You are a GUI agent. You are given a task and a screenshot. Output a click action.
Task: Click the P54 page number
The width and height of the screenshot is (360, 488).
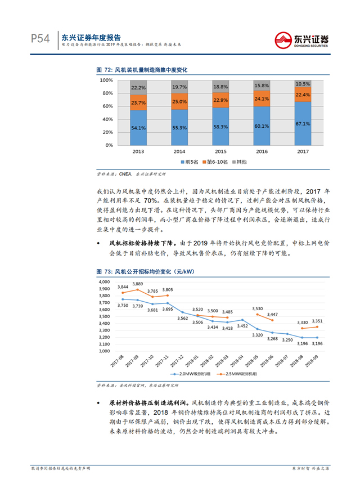(41, 39)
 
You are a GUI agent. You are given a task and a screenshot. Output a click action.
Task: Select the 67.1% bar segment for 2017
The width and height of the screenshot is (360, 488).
(303, 124)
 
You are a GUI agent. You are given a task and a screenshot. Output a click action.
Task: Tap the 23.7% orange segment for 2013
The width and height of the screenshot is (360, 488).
(138, 103)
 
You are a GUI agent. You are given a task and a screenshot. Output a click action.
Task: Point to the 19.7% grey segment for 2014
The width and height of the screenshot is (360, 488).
(179, 87)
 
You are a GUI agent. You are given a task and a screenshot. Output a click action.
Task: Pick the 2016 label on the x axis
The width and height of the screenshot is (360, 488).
(262, 152)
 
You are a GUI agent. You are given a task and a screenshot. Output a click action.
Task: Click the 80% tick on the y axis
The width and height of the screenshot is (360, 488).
(106, 92)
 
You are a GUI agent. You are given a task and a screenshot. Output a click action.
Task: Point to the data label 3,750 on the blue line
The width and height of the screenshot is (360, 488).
(123, 305)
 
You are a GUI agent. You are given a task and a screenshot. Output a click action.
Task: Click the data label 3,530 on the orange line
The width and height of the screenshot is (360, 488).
(258, 308)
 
